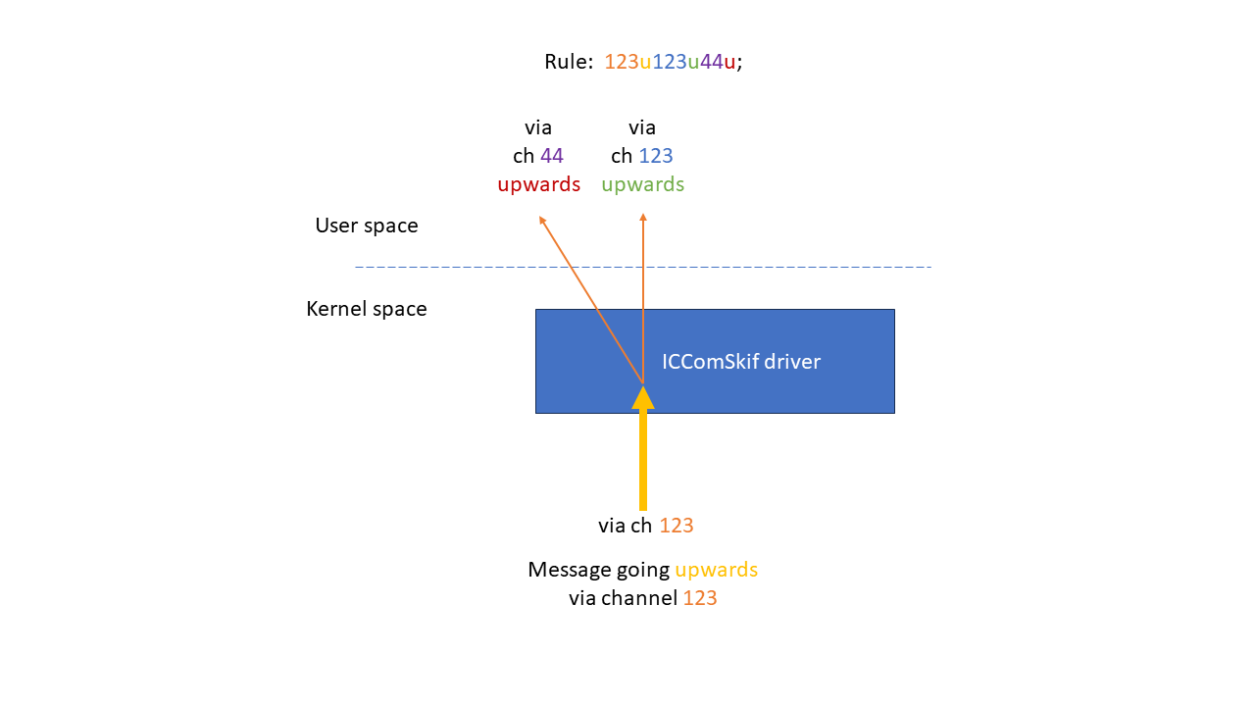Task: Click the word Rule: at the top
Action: pyautogui.click(x=569, y=62)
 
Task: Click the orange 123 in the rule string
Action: pyautogui.click(x=621, y=62)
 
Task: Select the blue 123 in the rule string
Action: pyautogui.click(x=670, y=62)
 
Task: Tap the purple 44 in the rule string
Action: pyautogui.click(x=711, y=62)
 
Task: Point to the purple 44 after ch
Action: pyautogui.click(x=552, y=156)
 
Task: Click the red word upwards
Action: pyautogui.click(x=538, y=184)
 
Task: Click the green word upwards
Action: pyautogui.click(x=642, y=184)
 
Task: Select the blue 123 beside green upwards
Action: pyautogui.click(x=656, y=156)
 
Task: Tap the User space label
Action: pyautogui.click(x=367, y=226)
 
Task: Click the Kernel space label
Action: pyautogui.click(x=367, y=309)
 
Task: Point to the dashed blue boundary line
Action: pyautogui.click(x=784, y=267)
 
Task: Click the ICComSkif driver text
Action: pyautogui.click(x=741, y=362)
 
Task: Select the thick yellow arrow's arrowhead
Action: pyautogui.click(x=643, y=397)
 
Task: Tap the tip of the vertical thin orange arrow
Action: pyautogui.click(x=643, y=216)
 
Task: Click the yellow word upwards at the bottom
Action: pyautogui.click(x=716, y=570)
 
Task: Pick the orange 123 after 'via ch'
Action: pyautogui.click(x=677, y=526)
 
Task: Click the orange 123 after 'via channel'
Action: pyautogui.click(x=700, y=598)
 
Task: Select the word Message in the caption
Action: pyautogui.click(x=565, y=570)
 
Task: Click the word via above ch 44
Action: pyautogui.click(x=538, y=127)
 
